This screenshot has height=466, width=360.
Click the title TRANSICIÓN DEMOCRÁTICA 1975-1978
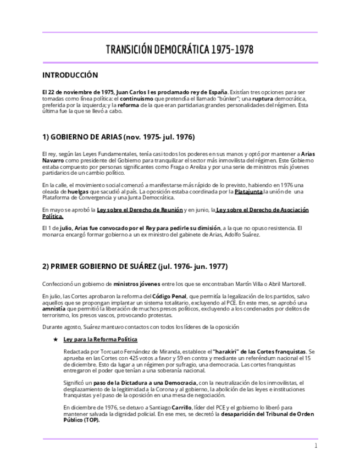180,50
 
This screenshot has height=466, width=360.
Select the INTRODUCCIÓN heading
70,75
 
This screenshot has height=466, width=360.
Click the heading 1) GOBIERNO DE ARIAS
118,137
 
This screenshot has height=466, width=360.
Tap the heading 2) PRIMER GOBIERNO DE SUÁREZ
135,267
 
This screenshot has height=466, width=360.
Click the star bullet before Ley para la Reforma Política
56,340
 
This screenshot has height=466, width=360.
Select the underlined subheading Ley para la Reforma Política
101,340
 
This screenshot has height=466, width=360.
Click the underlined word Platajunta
248,192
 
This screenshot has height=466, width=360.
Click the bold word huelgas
78,192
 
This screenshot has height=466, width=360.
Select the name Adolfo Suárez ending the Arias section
243,234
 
